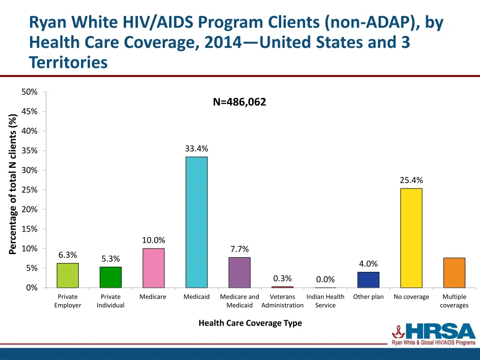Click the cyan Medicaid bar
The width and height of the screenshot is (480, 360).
point(196,222)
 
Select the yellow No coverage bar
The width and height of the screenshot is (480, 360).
point(411,238)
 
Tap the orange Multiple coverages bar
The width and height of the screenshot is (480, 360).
point(454,273)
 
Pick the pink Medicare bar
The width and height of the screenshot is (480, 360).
point(153,268)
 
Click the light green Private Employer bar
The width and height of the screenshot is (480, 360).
point(67,275)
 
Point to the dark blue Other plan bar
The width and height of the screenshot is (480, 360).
point(368,280)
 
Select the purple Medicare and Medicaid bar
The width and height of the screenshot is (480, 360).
point(240,272)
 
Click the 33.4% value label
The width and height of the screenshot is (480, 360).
point(196,149)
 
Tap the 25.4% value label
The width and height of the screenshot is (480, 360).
point(411,180)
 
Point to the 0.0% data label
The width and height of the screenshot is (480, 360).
point(325,279)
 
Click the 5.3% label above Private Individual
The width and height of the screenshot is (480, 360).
point(111,259)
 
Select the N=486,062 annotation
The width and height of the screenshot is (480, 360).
point(239,102)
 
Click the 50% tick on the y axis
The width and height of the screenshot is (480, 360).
point(30,92)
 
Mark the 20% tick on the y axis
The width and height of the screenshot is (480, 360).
point(30,210)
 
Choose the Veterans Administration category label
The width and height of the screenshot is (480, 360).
point(283,301)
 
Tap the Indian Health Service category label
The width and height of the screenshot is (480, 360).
point(325,301)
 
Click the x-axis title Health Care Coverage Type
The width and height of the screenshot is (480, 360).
point(250,323)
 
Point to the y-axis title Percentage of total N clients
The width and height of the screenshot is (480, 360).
point(13,184)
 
